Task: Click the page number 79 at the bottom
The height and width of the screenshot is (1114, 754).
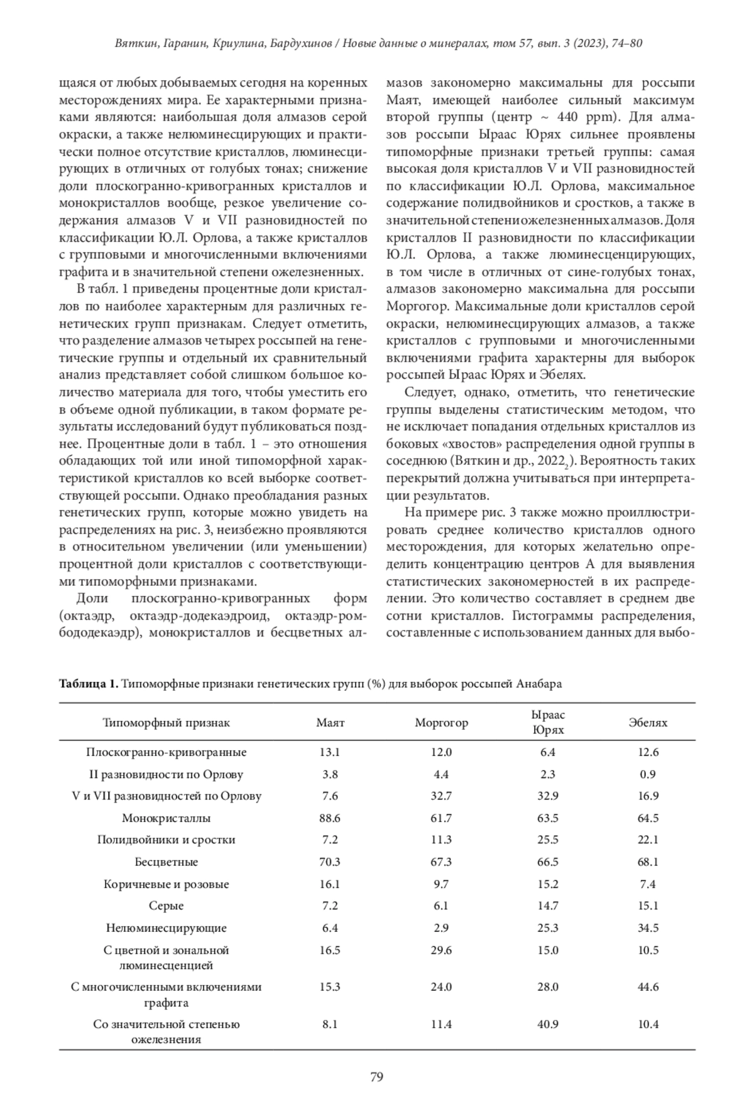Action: point(376,1078)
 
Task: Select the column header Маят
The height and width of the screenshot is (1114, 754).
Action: point(330,722)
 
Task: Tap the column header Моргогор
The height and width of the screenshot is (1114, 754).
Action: point(441,722)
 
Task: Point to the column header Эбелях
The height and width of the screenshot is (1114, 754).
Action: point(648,722)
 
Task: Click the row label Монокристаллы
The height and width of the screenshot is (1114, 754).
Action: point(166,818)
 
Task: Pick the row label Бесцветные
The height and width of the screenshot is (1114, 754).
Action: point(166,862)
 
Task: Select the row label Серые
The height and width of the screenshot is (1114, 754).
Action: point(166,906)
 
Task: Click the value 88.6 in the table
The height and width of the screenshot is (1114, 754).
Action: point(330,818)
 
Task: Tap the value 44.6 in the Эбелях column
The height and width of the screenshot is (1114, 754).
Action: point(648,987)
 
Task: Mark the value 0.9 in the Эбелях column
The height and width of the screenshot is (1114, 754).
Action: point(648,774)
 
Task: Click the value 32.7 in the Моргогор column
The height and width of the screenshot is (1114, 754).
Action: point(441,796)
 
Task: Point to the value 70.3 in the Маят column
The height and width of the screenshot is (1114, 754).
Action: point(330,862)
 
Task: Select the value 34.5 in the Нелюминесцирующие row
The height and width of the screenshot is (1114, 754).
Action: point(648,927)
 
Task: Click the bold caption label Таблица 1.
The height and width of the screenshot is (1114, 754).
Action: point(88,684)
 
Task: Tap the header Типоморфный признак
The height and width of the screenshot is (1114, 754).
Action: point(166,722)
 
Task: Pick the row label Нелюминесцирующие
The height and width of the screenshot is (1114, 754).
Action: point(166,927)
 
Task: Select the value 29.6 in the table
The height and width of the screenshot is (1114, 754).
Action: point(441,950)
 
